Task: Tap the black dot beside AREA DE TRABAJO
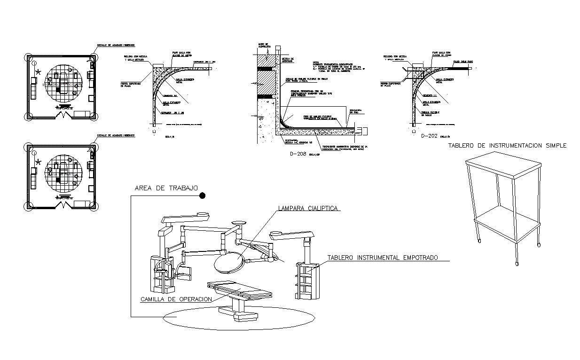202,196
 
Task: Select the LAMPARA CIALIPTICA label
308,208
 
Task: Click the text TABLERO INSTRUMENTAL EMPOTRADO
382,258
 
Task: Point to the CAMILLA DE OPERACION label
176,299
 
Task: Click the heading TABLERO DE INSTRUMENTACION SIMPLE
507,146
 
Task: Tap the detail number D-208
299,154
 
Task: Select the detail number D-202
430,136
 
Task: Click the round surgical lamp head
228,261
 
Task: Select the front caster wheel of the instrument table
517,262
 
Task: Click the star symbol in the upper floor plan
38,72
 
